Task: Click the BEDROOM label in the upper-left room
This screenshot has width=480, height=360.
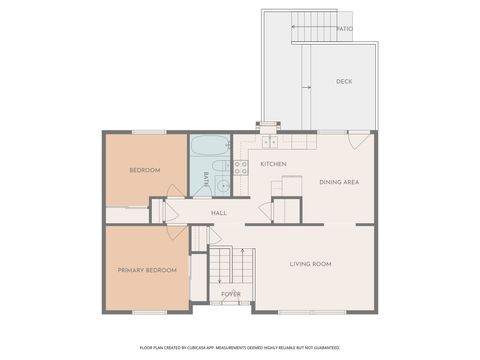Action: pos(145,171)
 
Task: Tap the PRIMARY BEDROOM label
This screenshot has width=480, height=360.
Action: pos(147,270)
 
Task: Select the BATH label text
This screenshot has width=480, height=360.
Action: pos(207,181)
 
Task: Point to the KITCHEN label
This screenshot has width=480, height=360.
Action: pos(274,163)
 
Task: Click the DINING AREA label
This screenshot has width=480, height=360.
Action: pos(339,182)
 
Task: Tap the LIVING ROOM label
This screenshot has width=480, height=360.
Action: pos(310,264)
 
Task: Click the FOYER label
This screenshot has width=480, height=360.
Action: pos(231,294)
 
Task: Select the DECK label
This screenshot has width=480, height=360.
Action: pos(344,81)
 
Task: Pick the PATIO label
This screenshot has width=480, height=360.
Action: pos(345,29)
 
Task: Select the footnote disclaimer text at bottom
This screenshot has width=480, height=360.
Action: pos(240,347)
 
